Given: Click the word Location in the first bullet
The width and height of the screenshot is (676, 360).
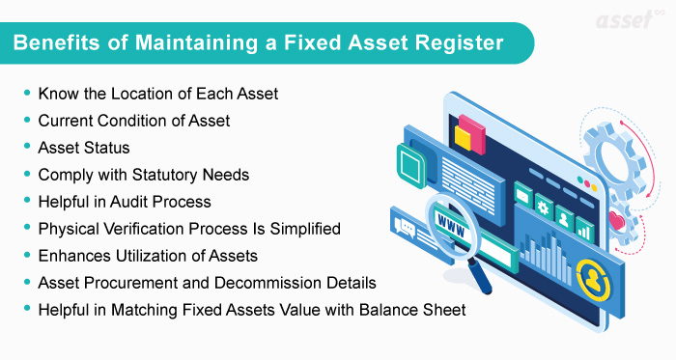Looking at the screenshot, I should coord(117,94).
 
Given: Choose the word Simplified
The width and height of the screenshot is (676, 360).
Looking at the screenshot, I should coord(296,229).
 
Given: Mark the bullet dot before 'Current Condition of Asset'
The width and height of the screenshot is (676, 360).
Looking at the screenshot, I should coord(26,122).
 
